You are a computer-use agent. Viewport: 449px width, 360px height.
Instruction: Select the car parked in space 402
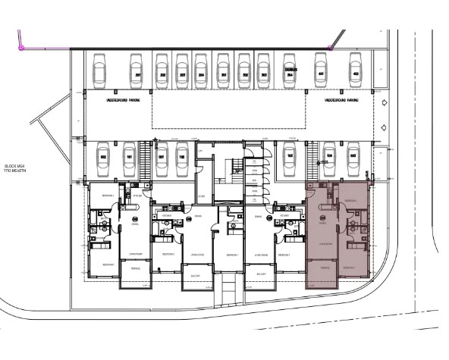click(x=353, y=70)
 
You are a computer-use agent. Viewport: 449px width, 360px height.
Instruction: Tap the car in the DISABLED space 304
click(x=290, y=70)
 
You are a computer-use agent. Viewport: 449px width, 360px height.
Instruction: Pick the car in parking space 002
click(x=103, y=160)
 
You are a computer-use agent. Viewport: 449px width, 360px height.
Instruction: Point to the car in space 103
click(x=290, y=160)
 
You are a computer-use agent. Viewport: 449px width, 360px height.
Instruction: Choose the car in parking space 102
click(x=183, y=160)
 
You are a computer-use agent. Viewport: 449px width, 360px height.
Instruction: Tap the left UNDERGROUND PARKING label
click(x=122, y=99)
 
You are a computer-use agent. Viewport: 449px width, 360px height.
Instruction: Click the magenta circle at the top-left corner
click(x=21, y=47)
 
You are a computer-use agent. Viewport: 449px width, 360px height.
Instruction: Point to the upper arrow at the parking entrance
click(x=385, y=102)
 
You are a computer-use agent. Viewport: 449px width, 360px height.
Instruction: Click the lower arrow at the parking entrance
click(x=385, y=127)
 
